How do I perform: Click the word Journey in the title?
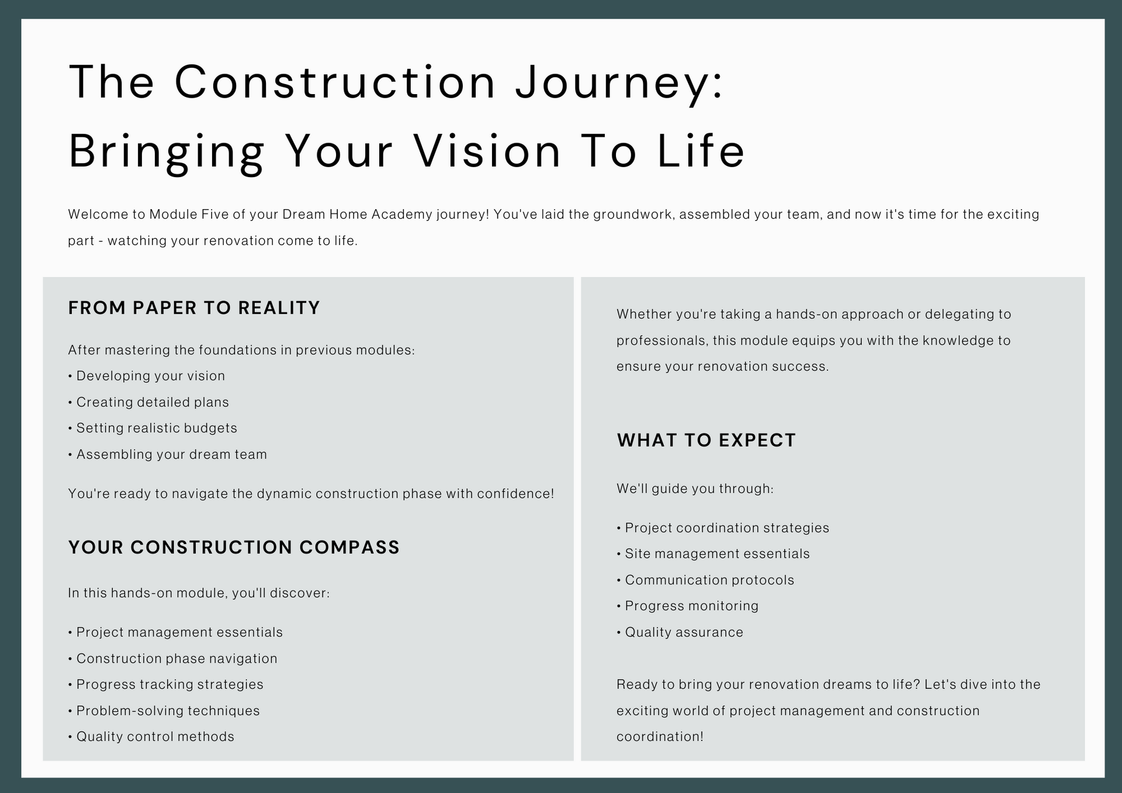[x=619, y=83]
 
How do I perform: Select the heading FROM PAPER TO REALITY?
[x=194, y=308]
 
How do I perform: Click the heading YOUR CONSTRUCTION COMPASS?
[x=234, y=548]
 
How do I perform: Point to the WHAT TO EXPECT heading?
[x=707, y=441]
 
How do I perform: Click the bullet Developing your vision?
[x=147, y=376]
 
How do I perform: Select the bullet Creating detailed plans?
[x=148, y=402]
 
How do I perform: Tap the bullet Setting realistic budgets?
[x=153, y=428]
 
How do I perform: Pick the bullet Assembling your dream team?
[x=167, y=455]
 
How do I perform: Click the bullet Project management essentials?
[x=175, y=632]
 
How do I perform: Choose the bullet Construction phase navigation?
[x=172, y=659]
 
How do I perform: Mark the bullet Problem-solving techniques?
[x=164, y=711]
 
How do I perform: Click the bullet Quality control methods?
[x=151, y=737]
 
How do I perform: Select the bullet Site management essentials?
[x=713, y=554]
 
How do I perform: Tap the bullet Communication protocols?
[x=705, y=580]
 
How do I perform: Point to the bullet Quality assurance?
[x=680, y=632]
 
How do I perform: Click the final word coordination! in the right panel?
[x=660, y=737]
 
